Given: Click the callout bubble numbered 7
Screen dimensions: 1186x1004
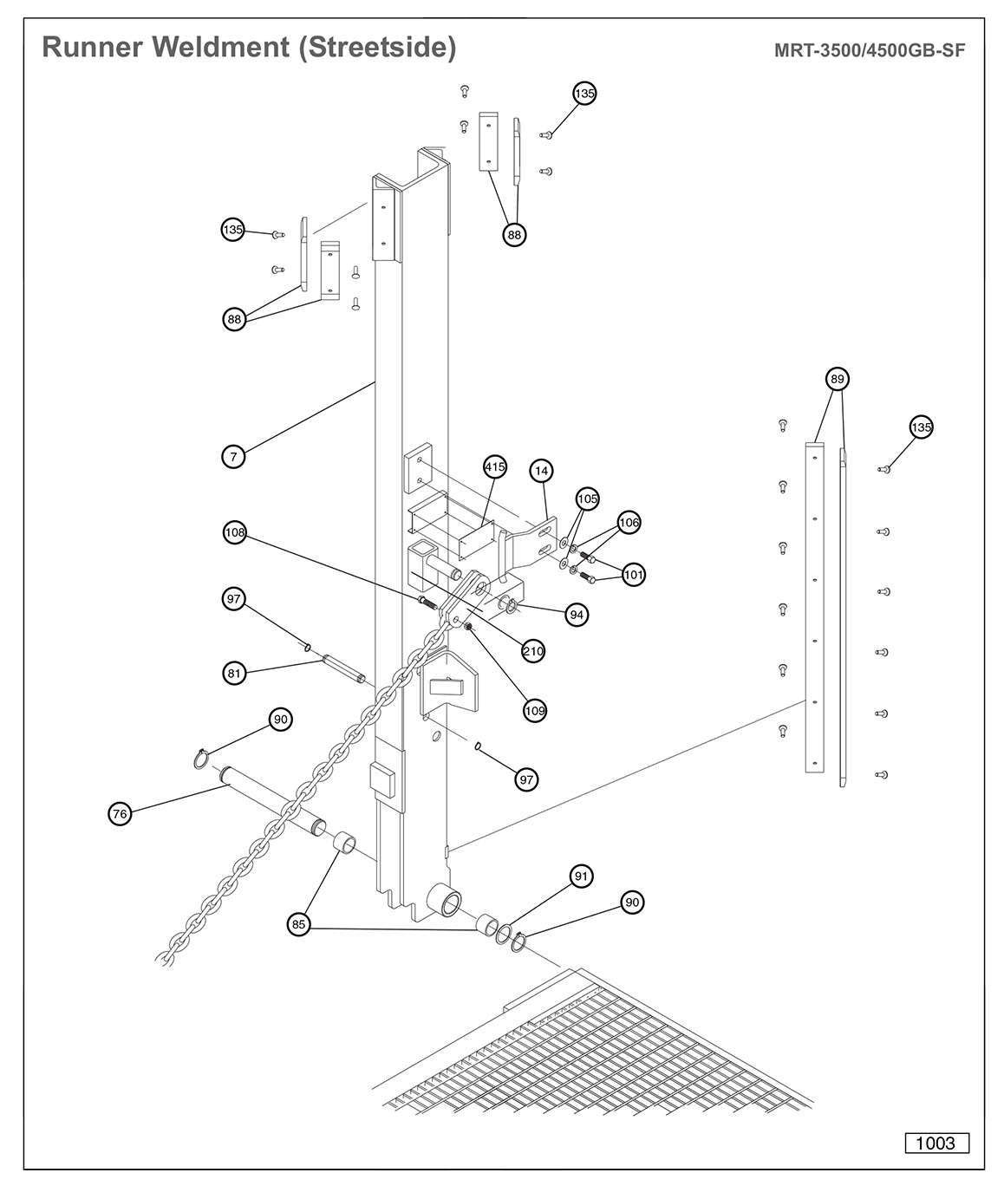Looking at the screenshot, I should coord(233,456).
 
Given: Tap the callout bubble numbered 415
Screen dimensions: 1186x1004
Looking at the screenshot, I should coord(494,467).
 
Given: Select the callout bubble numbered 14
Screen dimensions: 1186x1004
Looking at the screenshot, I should coord(542,471).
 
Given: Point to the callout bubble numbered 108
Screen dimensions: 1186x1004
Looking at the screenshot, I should coord(235,533).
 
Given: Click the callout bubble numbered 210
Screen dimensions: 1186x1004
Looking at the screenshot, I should coord(533,650).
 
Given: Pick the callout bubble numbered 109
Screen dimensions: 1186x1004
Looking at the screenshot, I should coord(535,711).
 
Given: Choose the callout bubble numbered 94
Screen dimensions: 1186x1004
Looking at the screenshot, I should coord(576,615).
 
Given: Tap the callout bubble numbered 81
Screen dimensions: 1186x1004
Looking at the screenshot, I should coord(234,672).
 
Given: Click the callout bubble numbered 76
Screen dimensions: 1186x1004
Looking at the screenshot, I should coord(120,813).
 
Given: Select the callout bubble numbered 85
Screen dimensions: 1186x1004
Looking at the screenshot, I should coord(299,925).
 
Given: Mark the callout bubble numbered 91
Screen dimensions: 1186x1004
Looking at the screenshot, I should coord(581,876).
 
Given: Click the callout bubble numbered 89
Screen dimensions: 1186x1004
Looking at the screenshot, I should coord(837,379).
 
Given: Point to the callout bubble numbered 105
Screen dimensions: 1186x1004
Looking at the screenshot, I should coord(587,499).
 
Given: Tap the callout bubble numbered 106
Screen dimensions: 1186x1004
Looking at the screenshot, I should coord(629,522).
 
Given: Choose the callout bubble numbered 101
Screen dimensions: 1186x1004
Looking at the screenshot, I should coord(634,574).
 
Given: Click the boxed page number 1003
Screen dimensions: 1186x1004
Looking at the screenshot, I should coord(936,1143).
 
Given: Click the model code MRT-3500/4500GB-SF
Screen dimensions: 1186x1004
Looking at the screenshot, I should coord(869,49).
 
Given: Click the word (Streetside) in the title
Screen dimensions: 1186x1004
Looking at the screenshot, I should coord(376,47).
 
